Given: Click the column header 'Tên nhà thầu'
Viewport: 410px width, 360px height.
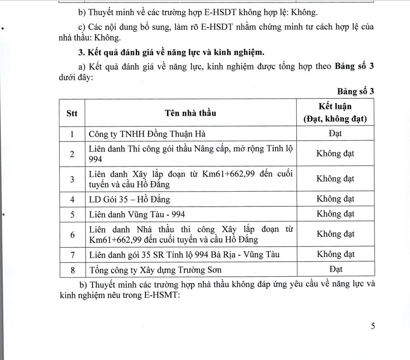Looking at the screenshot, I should click(x=190, y=113).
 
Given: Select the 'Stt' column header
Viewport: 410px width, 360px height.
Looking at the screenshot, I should click(x=72, y=113).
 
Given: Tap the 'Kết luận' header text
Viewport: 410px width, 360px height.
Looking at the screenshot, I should click(x=335, y=106).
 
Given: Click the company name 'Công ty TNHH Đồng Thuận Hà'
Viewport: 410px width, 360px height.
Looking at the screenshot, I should click(x=147, y=134).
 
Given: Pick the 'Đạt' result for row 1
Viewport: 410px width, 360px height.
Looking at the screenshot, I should click(x=335, y=134).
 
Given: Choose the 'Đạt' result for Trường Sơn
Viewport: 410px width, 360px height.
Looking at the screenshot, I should click(x=336, y=269).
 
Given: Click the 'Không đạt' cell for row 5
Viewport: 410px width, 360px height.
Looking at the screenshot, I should click(x=335, y=214).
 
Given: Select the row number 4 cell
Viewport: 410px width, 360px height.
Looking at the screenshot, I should click(x=72, y=200).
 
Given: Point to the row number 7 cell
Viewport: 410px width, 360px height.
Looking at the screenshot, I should click(x=72, y=254).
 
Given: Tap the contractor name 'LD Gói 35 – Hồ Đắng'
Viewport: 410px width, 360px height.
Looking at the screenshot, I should click(x=130, y=200).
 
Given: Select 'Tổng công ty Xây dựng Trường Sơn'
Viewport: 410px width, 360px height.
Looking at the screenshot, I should click(x=155, y=270).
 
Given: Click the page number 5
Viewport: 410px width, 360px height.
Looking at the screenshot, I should click(x=372, y=327).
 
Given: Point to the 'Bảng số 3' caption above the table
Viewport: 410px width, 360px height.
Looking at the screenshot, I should click(x=354, y=92).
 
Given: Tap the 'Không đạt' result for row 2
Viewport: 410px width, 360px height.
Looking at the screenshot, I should click(x=335, y=153).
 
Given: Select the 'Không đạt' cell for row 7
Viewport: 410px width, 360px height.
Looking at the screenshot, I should click(x=335, y=254).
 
